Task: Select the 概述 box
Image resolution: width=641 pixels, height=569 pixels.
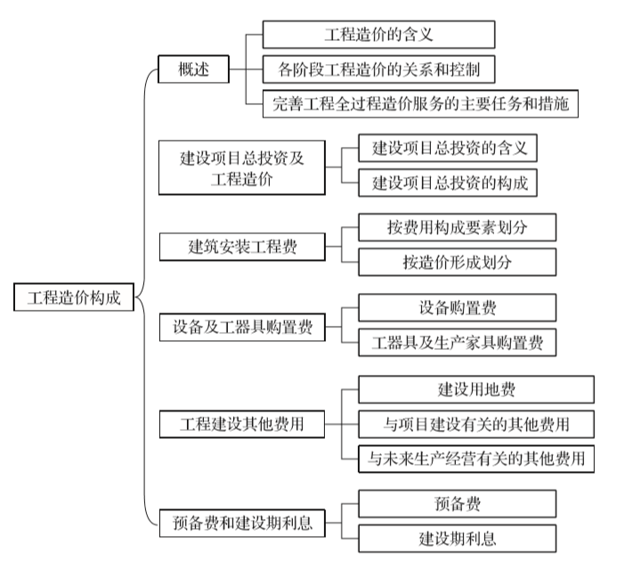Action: (193, 69)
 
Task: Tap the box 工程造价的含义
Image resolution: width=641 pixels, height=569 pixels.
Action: (378, 35)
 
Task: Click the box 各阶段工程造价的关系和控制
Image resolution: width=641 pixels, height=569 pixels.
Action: (378, 69)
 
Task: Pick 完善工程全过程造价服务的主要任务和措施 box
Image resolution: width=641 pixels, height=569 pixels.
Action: (422, 103)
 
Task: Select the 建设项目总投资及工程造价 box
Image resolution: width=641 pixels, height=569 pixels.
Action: (242, 167)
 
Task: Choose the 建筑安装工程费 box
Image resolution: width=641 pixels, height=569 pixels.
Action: (242, 247)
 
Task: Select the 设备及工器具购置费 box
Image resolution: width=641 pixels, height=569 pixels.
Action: (242, 327)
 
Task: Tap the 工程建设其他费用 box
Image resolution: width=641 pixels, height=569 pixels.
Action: (242, 424)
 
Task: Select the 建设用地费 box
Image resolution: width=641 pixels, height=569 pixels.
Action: (475, 389)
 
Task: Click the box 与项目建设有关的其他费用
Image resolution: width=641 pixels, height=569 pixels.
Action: (475, 423)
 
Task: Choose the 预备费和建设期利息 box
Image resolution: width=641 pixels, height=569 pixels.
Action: (242, 522)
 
